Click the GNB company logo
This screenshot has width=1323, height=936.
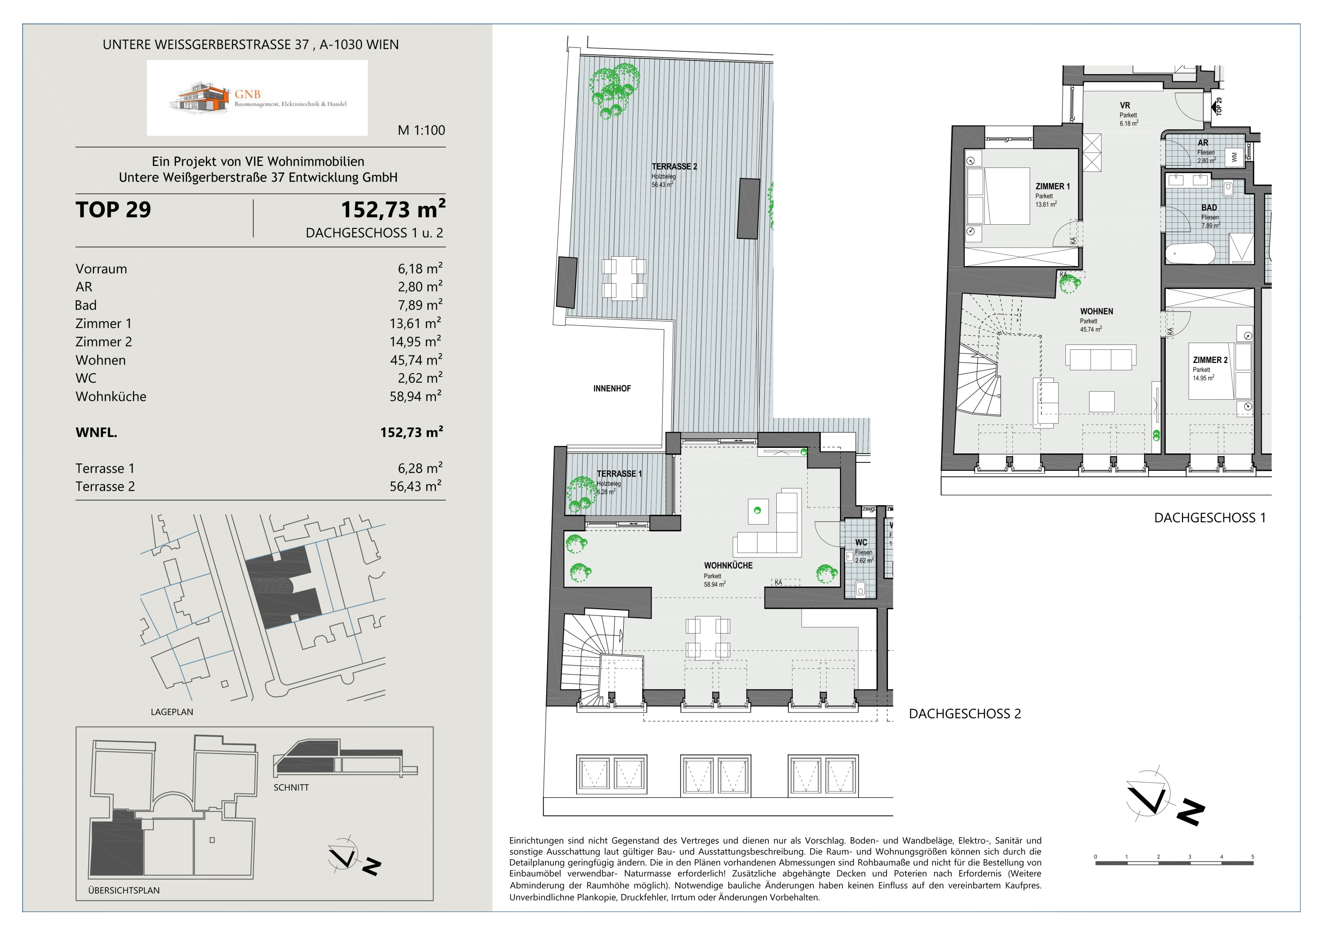(x=257, y=98)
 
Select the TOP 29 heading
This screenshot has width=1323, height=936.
(x=113, y=210)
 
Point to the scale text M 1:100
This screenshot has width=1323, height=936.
(x=421, y=130)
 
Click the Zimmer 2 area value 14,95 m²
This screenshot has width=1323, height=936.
(x=415, y=341)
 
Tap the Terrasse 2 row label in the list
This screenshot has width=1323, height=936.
(x=105, y=486)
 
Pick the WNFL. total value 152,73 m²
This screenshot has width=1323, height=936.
(x=411, y=432)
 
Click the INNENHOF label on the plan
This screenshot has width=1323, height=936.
(x=612, y=388)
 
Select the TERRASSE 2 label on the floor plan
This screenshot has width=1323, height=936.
(x=674, y=166)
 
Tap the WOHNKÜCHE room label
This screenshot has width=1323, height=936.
(x=728, y=565)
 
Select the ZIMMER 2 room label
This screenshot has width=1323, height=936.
(x=1210, y=360)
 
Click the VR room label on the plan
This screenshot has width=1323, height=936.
(x=1125, y=106)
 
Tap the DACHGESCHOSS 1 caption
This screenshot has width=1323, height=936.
(x=1210, y=518)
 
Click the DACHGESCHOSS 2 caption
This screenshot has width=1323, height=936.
(x=965, y=714)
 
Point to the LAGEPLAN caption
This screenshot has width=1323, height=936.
(x=172, y=712)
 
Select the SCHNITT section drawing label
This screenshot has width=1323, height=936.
(x=291, y=787)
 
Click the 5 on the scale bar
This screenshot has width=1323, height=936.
(x=1252, y=857)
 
